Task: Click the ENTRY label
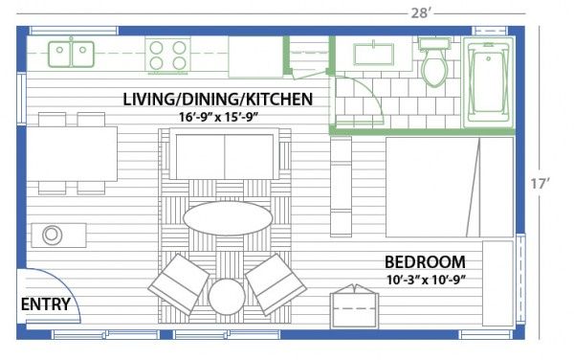click(45, 304)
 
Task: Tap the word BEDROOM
click(425, 262)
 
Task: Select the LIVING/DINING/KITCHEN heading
click(218, 100)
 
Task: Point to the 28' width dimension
click(419, 13)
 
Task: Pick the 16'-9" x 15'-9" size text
click(219, 117)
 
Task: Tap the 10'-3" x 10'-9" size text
click(426, 281)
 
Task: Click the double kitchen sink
click(72, 54)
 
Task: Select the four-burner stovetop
click(167, 56)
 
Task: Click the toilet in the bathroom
click(433, 61)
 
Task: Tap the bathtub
click(489, 82)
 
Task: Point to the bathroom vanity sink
click(373, 54)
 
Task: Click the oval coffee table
click(228, 218)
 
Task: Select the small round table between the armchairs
click(227, 297)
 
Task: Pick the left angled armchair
click(178, 284)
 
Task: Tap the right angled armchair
click(276, 284)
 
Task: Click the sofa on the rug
click(225, 154)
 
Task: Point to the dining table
click(72, 154)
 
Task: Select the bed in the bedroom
click(450, 187)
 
